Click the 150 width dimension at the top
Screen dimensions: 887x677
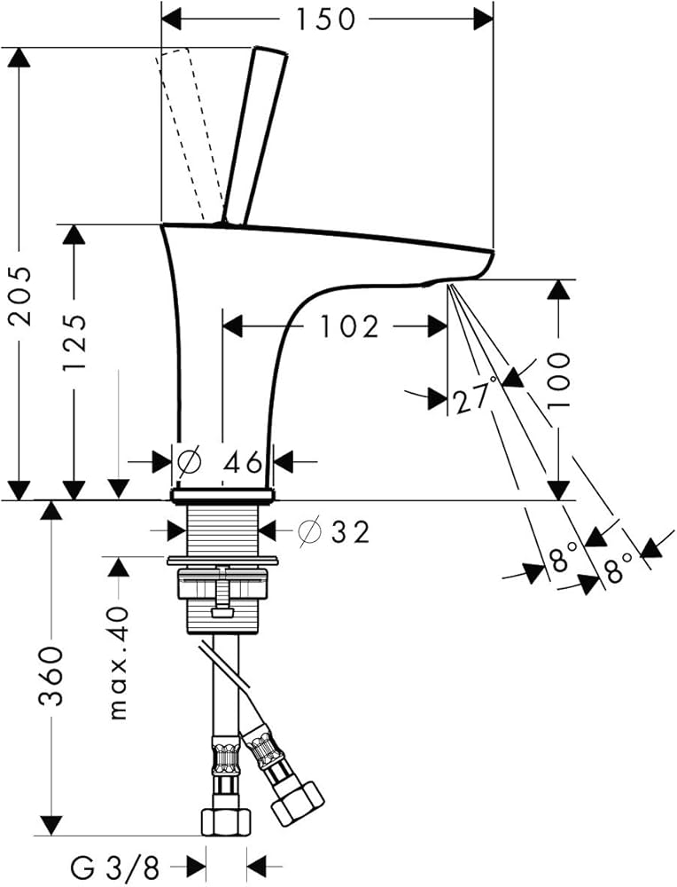tap(325, 18)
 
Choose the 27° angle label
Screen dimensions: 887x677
tap(472, 399)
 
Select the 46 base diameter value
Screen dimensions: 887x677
tap(240, 462)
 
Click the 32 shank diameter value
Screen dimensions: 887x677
tap(349, 531)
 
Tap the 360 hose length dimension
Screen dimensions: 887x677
tap(51, 676)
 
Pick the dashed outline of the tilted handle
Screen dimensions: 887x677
tap(188, 133)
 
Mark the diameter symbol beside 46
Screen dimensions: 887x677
tap(189, 462)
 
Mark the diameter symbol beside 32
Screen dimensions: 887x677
tap(309, 531)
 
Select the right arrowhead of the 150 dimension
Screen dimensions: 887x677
tap(484, 18)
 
